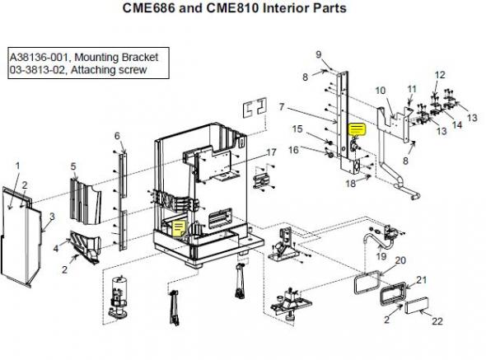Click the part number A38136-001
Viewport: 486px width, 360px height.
click(39, 58)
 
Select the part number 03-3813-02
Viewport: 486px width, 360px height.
click(37, 70)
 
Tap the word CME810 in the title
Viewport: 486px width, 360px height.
click(232, 7)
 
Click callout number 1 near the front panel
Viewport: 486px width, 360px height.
click(17, 166)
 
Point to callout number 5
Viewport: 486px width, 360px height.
click(73, 166)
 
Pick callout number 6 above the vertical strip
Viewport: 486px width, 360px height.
click(117, 136)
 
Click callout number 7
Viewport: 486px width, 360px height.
click(282, 107)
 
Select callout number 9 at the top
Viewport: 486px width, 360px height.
click(319, 54)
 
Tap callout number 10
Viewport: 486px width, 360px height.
click(381, 91)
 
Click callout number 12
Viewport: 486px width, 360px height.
click(440, 75)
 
